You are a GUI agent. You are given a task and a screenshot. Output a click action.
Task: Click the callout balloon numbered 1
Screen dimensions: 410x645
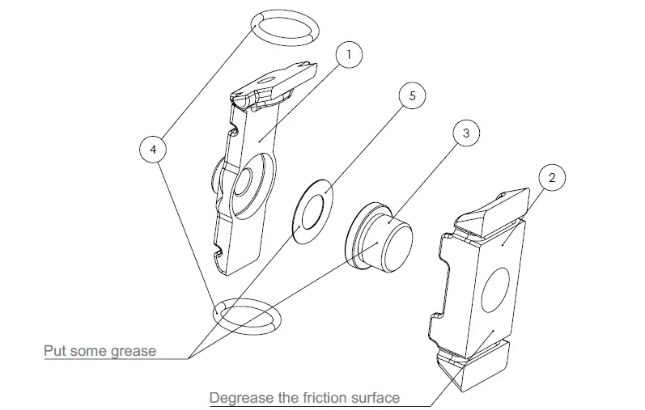348,56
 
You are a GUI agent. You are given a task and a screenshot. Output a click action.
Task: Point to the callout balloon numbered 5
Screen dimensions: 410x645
412,95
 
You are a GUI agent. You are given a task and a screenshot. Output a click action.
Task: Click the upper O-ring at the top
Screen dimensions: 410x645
282,27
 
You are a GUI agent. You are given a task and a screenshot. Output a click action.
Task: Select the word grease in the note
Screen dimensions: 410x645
133,351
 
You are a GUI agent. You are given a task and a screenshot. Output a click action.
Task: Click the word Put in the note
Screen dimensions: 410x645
55,351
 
